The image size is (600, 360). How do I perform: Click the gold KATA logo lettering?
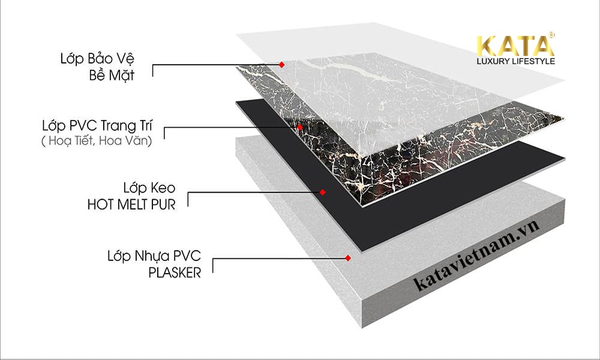pos(515,46)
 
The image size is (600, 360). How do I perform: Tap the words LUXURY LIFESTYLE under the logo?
pos(516,61)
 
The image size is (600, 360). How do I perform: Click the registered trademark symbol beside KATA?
pos(551,35)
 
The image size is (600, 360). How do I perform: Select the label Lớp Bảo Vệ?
pos(98,59)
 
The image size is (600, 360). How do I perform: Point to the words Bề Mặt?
pos(112,75)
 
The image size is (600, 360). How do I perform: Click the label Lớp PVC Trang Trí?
pos(97,125)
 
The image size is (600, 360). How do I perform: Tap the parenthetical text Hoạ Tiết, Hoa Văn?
pos(97,141)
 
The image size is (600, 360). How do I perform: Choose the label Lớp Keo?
pos(149,188)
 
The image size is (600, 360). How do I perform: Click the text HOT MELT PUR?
pos(131,205)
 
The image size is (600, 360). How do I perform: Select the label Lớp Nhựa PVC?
pos(154,256)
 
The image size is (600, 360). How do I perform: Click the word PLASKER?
pos(175,273)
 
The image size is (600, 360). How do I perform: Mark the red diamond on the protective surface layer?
pos(281,65)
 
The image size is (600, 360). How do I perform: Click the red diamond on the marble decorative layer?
pos(300,127)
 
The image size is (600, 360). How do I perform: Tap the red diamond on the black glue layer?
pos(323,192)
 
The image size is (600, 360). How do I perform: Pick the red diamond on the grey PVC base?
pos(348,258)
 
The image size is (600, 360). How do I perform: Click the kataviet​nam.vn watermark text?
pos(477,256)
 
